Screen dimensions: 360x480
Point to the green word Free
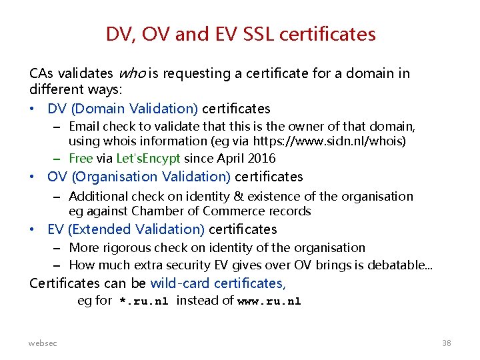(81, 158)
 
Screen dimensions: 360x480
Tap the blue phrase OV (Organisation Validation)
(139, 177)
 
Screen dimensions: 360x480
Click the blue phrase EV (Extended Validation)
(126, 229)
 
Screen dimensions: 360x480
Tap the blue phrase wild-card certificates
(218, 283)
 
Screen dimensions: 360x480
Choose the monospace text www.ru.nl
(269, 301)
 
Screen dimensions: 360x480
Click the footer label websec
(43, 343)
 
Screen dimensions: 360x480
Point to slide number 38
(446, 343)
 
